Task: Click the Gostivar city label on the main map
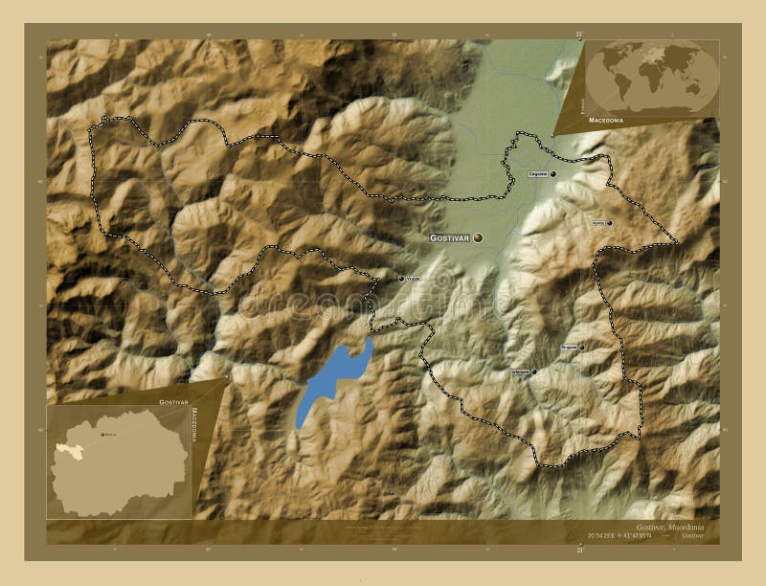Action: click(449, 237)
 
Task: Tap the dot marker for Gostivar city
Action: click(477, 237)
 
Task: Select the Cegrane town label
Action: click(538, 174)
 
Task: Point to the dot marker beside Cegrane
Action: click(553, 173)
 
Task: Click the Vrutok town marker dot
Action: click(400, 279)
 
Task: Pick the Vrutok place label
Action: click(414, 279)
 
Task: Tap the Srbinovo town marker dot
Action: click(534, 372)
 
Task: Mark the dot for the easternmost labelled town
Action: click(609, 222)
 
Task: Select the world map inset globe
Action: click(654, 76)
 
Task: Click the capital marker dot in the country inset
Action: click(102, 434)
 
